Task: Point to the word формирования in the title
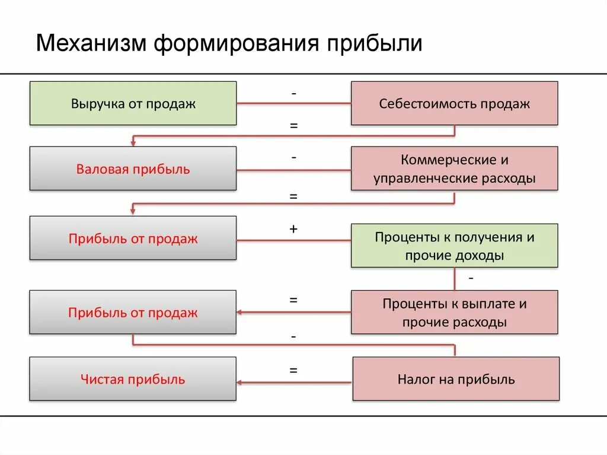[237, 44]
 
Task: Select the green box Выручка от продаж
[133, 104]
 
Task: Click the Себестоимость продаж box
[454, 104]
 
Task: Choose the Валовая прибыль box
[133, 169]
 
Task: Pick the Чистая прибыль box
[133, 379]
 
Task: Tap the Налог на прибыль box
[456, 379]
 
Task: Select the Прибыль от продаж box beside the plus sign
[133, 238]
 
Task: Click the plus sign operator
[293, 228]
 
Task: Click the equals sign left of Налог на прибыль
[293, 370]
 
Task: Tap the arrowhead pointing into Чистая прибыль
[241, 382]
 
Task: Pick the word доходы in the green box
[478, 256]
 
